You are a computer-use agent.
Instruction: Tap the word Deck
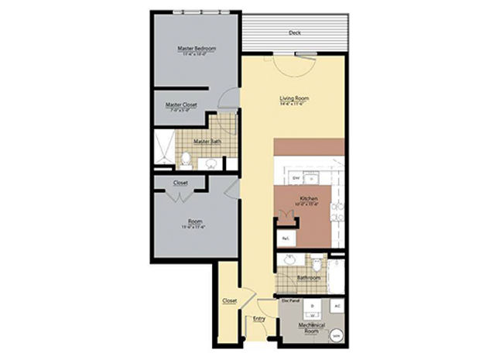[x=294, y=33]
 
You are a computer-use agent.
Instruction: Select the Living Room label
[x=295, y=98]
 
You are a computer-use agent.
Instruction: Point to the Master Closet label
[x=181, y=105]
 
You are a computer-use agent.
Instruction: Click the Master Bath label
[x=207, y=141]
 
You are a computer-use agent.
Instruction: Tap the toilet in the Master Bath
[x=186, y=160]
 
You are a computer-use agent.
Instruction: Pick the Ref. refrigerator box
[x=286, y=237]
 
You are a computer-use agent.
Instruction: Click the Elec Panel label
[x=289, y=300]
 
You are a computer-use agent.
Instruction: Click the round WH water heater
[x=337, y=335]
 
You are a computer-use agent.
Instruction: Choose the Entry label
[x=259, y=318]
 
